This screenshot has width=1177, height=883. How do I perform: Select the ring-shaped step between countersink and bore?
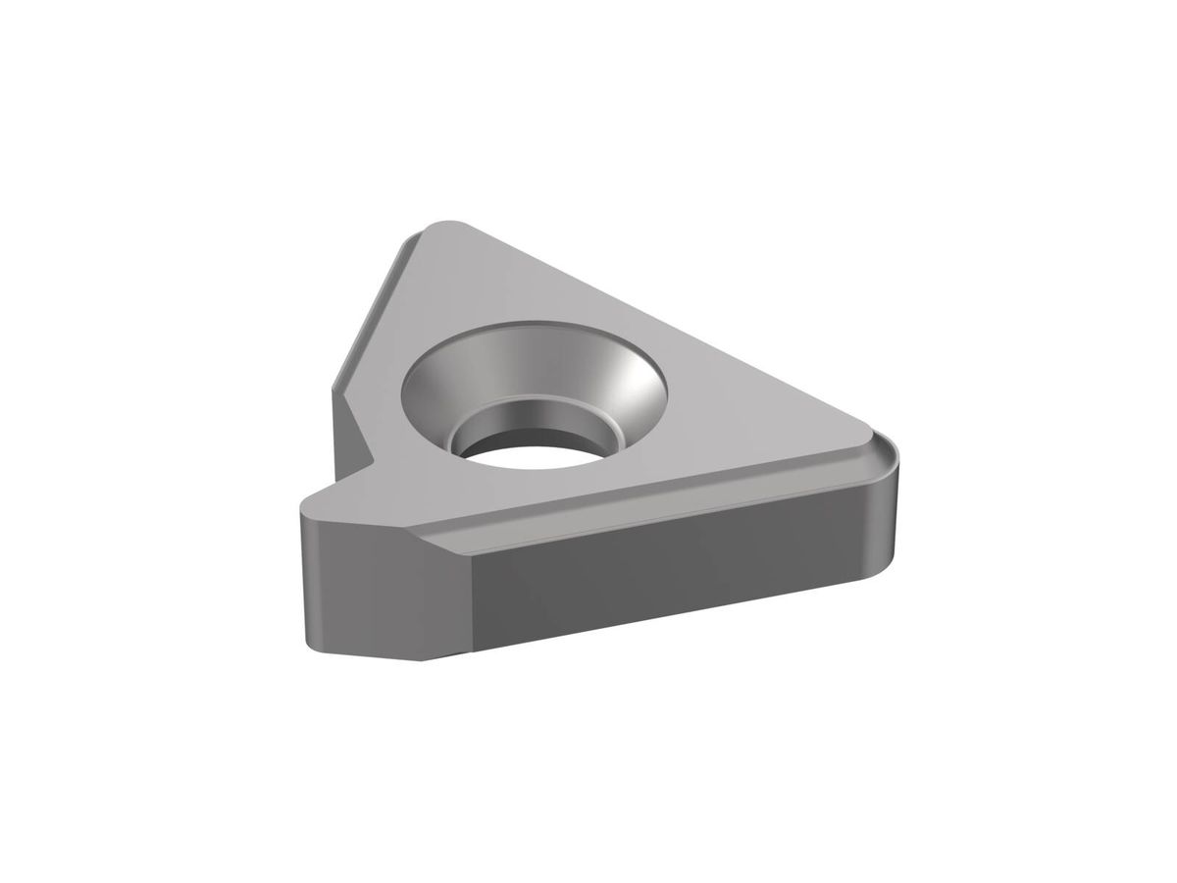click(x=588, y=417)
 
